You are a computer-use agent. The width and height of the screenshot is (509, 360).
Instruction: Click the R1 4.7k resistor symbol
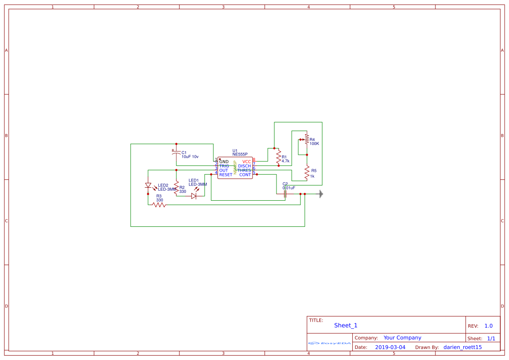click(279, 157)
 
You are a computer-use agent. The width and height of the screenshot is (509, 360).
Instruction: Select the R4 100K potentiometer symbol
click(307, 140)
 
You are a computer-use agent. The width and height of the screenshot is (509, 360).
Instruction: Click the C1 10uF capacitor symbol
click(176, 153)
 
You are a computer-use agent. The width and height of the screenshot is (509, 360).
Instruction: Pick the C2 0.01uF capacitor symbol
click(285, 194)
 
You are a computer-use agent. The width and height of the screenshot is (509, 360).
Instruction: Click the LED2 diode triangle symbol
click(148, 185)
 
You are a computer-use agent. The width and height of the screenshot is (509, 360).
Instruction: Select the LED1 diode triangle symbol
click(194, 196)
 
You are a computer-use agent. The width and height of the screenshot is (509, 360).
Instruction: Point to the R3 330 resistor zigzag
click(159, 205)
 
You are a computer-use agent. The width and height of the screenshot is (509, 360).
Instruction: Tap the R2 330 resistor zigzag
click(176, 187)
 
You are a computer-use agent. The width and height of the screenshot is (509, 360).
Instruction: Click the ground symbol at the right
click(321, 194)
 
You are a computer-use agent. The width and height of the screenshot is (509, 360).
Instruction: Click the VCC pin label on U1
click(246, 161)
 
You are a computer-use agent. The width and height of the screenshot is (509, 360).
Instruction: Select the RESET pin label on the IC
click(226, 175)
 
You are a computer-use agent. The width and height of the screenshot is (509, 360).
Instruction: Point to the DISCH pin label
click(244, 166)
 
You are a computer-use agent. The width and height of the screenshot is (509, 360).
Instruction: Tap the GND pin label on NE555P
click(224, 161)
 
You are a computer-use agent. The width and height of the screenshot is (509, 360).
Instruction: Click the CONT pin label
click(245, 175)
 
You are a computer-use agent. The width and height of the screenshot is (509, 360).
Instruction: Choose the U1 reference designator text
click(235, 151)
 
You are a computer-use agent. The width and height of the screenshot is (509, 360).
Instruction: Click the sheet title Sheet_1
click(346, 325)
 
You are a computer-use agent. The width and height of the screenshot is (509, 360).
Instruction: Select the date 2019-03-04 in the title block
click(390, 347)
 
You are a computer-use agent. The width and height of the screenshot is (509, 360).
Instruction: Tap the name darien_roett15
click(462, 347)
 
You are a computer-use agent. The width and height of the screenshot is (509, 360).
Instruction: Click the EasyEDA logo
click(330, 343)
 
